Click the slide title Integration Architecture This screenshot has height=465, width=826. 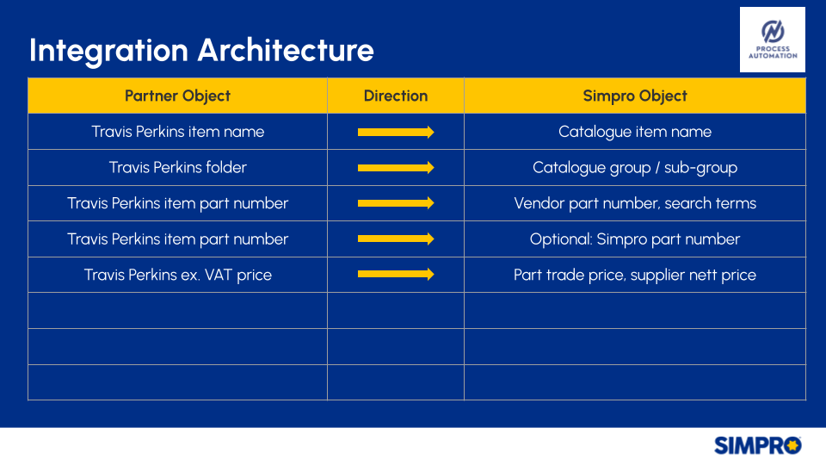(201, 51)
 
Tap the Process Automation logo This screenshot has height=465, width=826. (773, 40)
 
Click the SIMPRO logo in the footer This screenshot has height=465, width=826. (757, 445)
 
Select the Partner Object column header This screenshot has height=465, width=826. (177, 96)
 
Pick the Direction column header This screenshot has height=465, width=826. (396, 96)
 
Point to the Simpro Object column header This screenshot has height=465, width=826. (635, 96)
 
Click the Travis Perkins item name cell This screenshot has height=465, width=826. (177, 132)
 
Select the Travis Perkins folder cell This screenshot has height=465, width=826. (177, 168)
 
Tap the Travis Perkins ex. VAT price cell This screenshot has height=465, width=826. (177, 275)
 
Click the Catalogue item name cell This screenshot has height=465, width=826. (635, 132)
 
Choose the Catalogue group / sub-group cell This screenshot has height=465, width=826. (635, 168)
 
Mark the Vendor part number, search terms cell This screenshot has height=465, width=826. (635, 203)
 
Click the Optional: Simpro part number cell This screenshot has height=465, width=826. (635, 239)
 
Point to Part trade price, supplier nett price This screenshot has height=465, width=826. (635, 275)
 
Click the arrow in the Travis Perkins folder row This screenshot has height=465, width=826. (396, 168)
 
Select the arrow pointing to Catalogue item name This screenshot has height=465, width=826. (396, 132)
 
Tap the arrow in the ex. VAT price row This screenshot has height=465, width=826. (396, 274)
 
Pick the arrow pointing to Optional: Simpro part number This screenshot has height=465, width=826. (396, 239)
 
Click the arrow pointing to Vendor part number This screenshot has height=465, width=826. (396, 203)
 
